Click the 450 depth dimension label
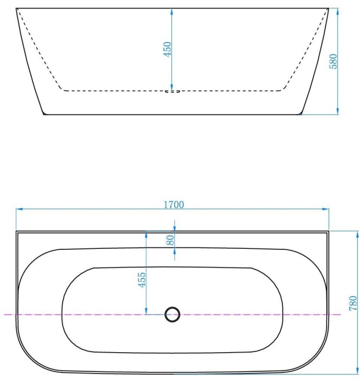point(168,48)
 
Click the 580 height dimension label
point(333,61)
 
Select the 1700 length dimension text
point(174,204)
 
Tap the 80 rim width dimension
point(170,239)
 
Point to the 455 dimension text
point(141,280)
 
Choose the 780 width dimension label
point(353,303)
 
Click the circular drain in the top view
point(173,315)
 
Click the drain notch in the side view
point(173,92)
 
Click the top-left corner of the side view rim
point(16,8)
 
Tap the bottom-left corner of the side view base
point(44,114)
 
